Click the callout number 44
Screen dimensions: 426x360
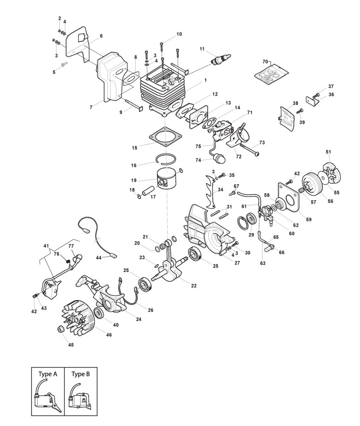point(99,258)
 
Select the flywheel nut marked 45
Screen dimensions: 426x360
point(60,329)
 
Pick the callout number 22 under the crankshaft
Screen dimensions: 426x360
point(180,285)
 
